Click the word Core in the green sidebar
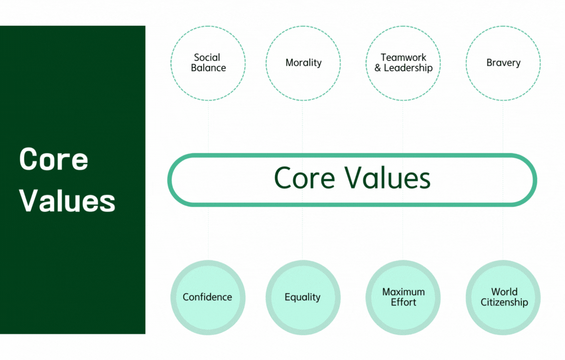(54, 159)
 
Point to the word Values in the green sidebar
(67, 200)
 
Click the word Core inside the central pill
(304, 178)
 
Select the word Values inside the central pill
(388, 178)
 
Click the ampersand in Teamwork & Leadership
(378, 68)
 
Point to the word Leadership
(408, 68)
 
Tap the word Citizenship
(505, 302)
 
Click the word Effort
(403, 302)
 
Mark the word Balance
(208, 68)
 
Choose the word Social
(207, 58)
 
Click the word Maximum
(403, 292)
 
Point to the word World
(505, 292)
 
